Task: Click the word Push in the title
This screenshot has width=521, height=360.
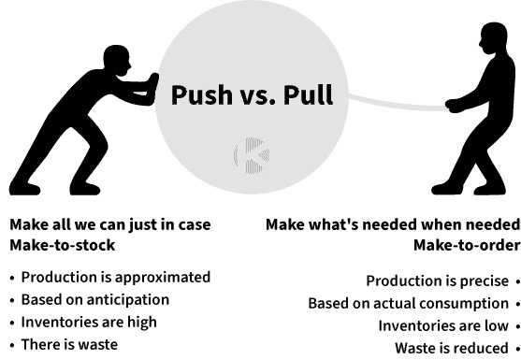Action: coord(202,95)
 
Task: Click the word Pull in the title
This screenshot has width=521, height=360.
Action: coord(308,94)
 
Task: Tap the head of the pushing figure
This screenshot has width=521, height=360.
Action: coord(117,60)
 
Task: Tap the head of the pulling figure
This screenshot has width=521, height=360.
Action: coord(494,37)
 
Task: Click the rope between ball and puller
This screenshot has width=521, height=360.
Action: coord(396,104)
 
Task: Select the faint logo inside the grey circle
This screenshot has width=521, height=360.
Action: coord(252,155)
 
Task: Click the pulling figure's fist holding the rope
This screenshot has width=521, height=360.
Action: coord(454,106)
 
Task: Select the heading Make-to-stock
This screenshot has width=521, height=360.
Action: coord(63,245)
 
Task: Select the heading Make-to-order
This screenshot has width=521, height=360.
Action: coord(467,245)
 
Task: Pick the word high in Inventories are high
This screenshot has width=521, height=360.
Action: coord(142,323)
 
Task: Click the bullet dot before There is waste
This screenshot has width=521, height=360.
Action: coord(12,345)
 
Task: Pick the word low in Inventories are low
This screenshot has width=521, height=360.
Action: coord(497,325)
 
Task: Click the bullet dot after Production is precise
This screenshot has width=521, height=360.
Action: coord(518,281)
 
